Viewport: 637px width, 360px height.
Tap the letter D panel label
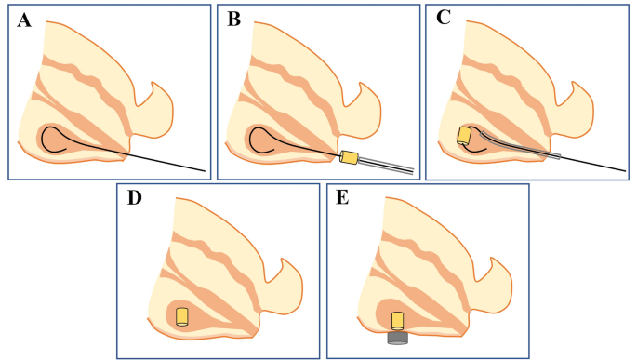(x=134, y=202)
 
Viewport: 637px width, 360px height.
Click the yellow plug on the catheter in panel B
(x=350, y=158)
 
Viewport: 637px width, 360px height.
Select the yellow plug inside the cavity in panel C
(x=464, y=136)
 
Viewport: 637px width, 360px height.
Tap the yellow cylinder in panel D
(x=182, y=316)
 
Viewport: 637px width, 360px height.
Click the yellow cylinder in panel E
(x=397, y=320)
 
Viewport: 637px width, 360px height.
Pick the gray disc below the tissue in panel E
(x=397, y=338)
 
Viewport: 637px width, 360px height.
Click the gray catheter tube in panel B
(x=387, y=166)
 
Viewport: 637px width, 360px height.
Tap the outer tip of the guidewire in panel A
(x=204, y=170)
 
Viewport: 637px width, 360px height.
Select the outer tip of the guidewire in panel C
(x=624, y=170)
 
